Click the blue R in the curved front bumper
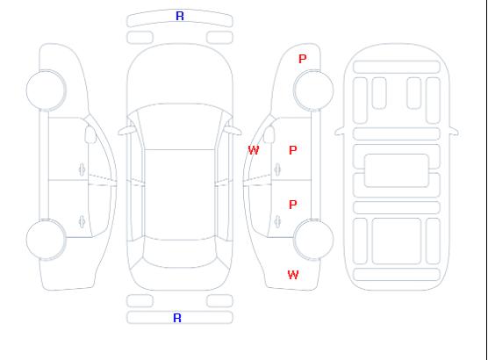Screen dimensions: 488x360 pyautogui.click(x=180, y=16)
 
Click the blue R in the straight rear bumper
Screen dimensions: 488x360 pyautogui.click(x=177, y=318)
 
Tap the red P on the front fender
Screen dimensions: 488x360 pyautogui.click(x=303, y=59)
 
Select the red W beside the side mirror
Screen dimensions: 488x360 pyautogui.click(x=254, y=150)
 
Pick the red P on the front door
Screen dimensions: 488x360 pyautogui.click(x=293, y=150)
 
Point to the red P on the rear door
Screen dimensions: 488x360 pyautogui.click(x=293, y=205)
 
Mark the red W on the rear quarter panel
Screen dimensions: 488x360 pyautogui.click(x=293, y=275)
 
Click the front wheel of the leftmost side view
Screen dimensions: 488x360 pyautogui.click(x=46, y=90)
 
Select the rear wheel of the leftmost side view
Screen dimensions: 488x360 pyautogui.click(x=46, y=240)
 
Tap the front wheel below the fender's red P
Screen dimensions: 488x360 pyautogui.click(x=313, y=90)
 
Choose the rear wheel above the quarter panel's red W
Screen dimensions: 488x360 pyautogui.click(x=313, y=240)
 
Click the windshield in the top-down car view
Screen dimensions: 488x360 pyautogui.click(x=180, y=126)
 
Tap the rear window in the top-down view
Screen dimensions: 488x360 pyautogui.click(x=180, y=253)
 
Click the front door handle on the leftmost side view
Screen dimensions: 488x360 pyautogui.click(x=82, y=169)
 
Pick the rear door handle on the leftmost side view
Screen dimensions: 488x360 pyautogui.click(x=82, y=221)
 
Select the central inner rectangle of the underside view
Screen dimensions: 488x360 pyautogui.click(x=397, y=170)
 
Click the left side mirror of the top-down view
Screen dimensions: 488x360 pyautogui.click(x=126, y=131)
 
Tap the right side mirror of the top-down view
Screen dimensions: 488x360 pyautogui.click(x=233, y=131)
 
